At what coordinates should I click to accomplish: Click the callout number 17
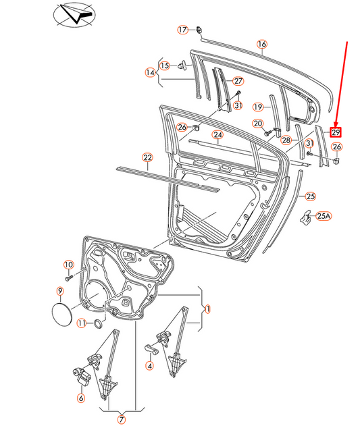(182, 30)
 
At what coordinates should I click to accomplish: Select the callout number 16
(262, 45)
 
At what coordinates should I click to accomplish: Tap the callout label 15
(164, 65)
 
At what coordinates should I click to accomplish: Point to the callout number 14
(150, 73)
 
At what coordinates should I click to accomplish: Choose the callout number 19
(257, 107)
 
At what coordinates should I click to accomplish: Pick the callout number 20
(257, 123)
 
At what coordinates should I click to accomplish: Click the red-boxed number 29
(336, 132)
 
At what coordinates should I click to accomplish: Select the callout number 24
(217, 134)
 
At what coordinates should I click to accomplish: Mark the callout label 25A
(324, 216)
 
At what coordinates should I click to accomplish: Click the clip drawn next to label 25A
(306, 217)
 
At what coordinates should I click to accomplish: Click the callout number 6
(81, 398)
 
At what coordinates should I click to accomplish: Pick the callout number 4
(149, 366)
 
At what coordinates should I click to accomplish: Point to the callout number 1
(208, 309)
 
